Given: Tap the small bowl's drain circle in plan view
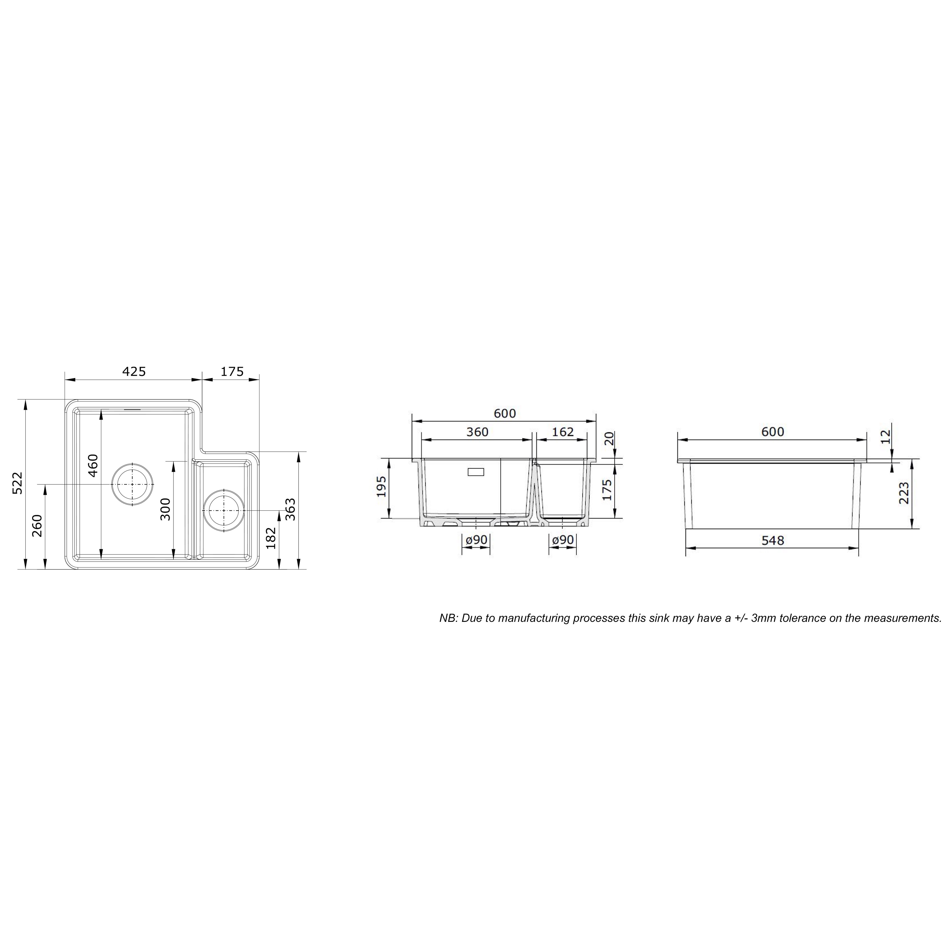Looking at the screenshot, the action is coord(224,510).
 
